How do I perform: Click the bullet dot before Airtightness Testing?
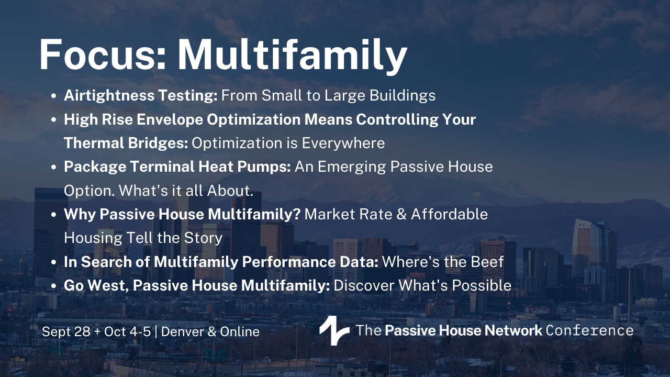54,96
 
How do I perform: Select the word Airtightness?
109,96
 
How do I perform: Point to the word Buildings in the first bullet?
403,96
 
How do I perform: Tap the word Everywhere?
343,143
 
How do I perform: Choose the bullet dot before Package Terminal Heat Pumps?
54,167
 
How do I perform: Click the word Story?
203,238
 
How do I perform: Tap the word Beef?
487,262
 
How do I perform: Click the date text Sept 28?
66,331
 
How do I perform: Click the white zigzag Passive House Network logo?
334,330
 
